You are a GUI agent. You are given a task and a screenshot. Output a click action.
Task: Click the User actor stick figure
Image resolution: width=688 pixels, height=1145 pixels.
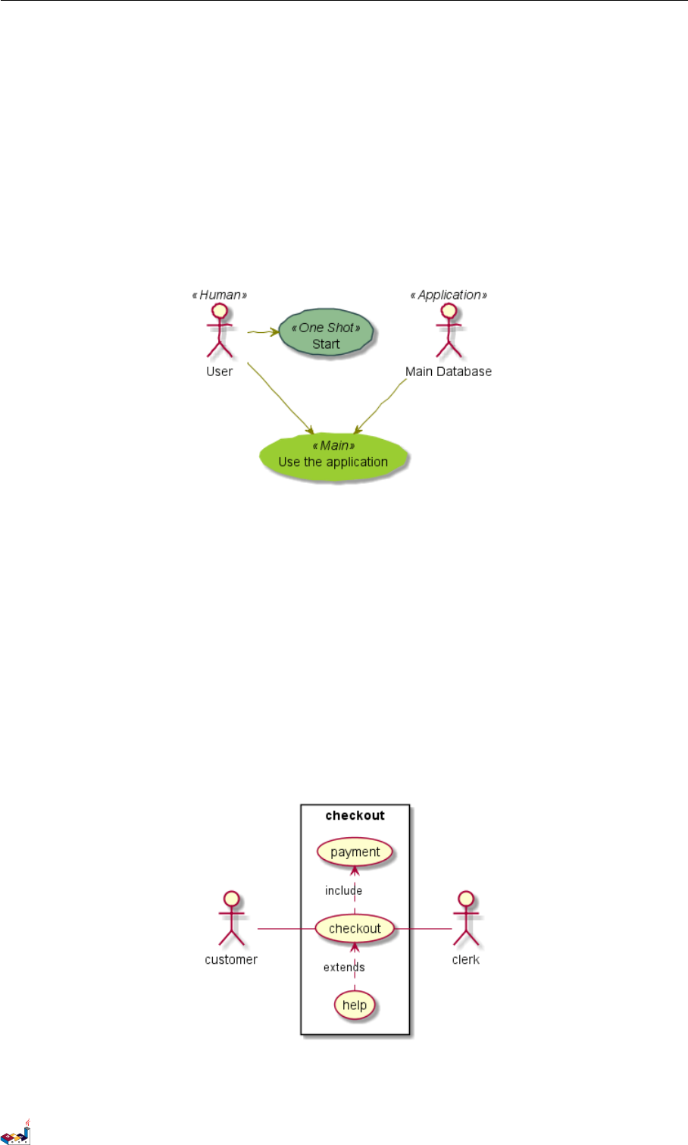tap(220, 331)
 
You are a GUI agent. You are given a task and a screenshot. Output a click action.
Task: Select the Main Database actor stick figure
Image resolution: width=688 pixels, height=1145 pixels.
tap(449, 331)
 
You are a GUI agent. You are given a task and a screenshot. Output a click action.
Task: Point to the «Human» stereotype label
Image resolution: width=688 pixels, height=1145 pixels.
tap(220, 295)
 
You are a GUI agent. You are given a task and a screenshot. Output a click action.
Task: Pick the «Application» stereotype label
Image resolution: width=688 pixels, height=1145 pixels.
tap(449, 295)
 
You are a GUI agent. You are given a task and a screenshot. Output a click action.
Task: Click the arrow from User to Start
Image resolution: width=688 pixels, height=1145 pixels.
tap(262, 331)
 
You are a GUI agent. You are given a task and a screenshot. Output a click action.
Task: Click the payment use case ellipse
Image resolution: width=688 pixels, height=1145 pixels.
tap(355, 852)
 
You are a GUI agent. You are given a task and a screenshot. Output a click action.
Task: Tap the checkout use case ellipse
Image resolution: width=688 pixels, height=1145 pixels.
tap(355, 928)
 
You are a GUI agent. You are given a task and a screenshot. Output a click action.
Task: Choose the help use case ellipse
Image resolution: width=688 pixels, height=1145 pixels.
tap(355, 1005)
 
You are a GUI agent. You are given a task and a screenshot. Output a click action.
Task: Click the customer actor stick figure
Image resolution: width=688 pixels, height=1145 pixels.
tap(232, 918)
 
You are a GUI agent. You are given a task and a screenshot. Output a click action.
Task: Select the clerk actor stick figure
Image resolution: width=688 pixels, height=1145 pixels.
tap(465, 918)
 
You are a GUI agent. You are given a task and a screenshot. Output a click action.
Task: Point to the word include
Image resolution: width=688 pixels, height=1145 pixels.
tap(343, 891)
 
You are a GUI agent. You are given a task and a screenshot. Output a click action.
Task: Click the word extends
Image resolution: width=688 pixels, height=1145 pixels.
tap(344, 968)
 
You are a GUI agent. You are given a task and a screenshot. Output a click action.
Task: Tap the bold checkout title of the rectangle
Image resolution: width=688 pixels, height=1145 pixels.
tap(355, 816)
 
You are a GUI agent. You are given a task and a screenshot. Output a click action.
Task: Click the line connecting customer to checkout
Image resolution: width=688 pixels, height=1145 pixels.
tap(286, 928)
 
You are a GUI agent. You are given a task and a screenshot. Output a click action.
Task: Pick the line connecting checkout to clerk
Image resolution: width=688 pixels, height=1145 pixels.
tap(423, 928)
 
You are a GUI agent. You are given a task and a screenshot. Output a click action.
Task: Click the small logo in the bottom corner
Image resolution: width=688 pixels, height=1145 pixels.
tap(16, 1132)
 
